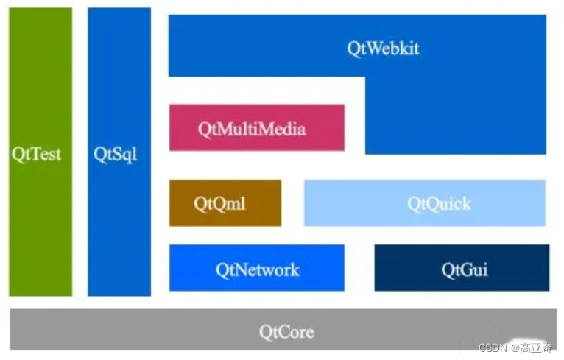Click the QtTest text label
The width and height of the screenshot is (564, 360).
[x=37, y=155]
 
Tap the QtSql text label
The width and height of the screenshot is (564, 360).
[x=116, y=155]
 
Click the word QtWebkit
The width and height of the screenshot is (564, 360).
[x=383, y=49]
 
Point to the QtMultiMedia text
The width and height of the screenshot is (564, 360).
[x=252, y=129]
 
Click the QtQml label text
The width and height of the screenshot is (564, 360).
[x=219, y=203]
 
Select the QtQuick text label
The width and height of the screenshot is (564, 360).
[x=439, y=203]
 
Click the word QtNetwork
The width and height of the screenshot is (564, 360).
[x=257, y=269]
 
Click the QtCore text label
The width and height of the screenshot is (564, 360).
[x=286, y=332]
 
